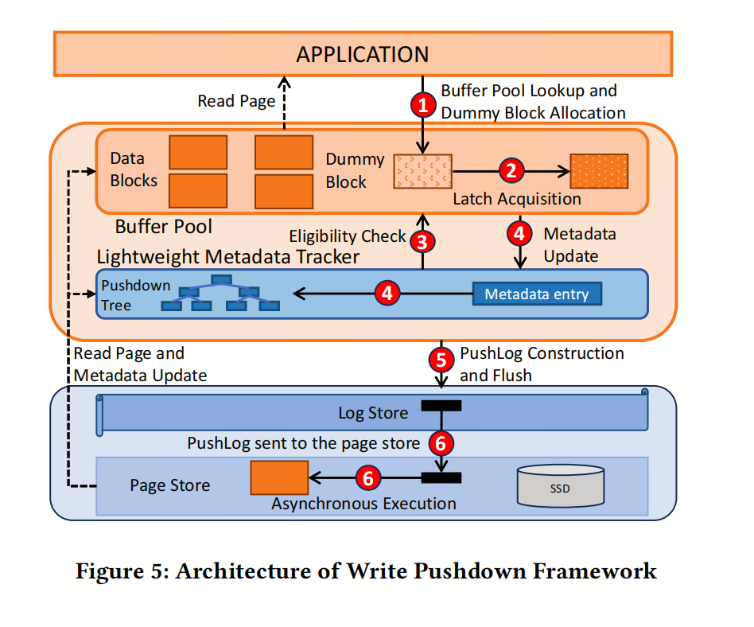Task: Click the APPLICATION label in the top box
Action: [x=363, y=54]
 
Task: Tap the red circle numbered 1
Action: [x=423, y=105]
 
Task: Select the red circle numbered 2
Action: [x=511, y=170]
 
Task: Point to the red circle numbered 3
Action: [x=422, y=242]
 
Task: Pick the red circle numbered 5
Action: [x=441, y=360]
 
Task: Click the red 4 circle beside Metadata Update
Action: [x=519, y=234]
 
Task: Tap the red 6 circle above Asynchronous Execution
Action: [x=368, y=478]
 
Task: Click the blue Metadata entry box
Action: [x=537, y=294]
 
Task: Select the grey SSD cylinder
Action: [x=561, y=486]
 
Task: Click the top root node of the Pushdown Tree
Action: [x=221, y=279]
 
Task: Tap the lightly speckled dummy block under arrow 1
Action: [x=422, y=171]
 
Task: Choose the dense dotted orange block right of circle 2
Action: [x=599, y=171]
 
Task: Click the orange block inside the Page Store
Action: [x=279, y=478]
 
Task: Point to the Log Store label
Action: [x=373, y=413]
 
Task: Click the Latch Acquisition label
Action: [x=517, y=199]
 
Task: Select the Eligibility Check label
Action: [x=348, y=236]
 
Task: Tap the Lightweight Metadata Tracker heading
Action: [x=228, y=257]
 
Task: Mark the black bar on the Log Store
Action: [x=441, y=406]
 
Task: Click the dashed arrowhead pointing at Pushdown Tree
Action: [x=91, y=294]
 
